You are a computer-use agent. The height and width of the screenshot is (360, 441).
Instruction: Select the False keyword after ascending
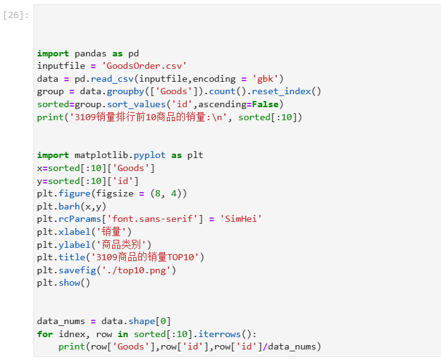tap(265, 104)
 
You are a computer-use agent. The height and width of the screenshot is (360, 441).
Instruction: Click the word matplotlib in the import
tap(100, 155)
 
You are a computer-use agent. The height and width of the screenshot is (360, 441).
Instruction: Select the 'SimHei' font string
tap(241, 219)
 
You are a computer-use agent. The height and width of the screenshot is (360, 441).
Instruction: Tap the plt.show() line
tap(63, 283)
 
